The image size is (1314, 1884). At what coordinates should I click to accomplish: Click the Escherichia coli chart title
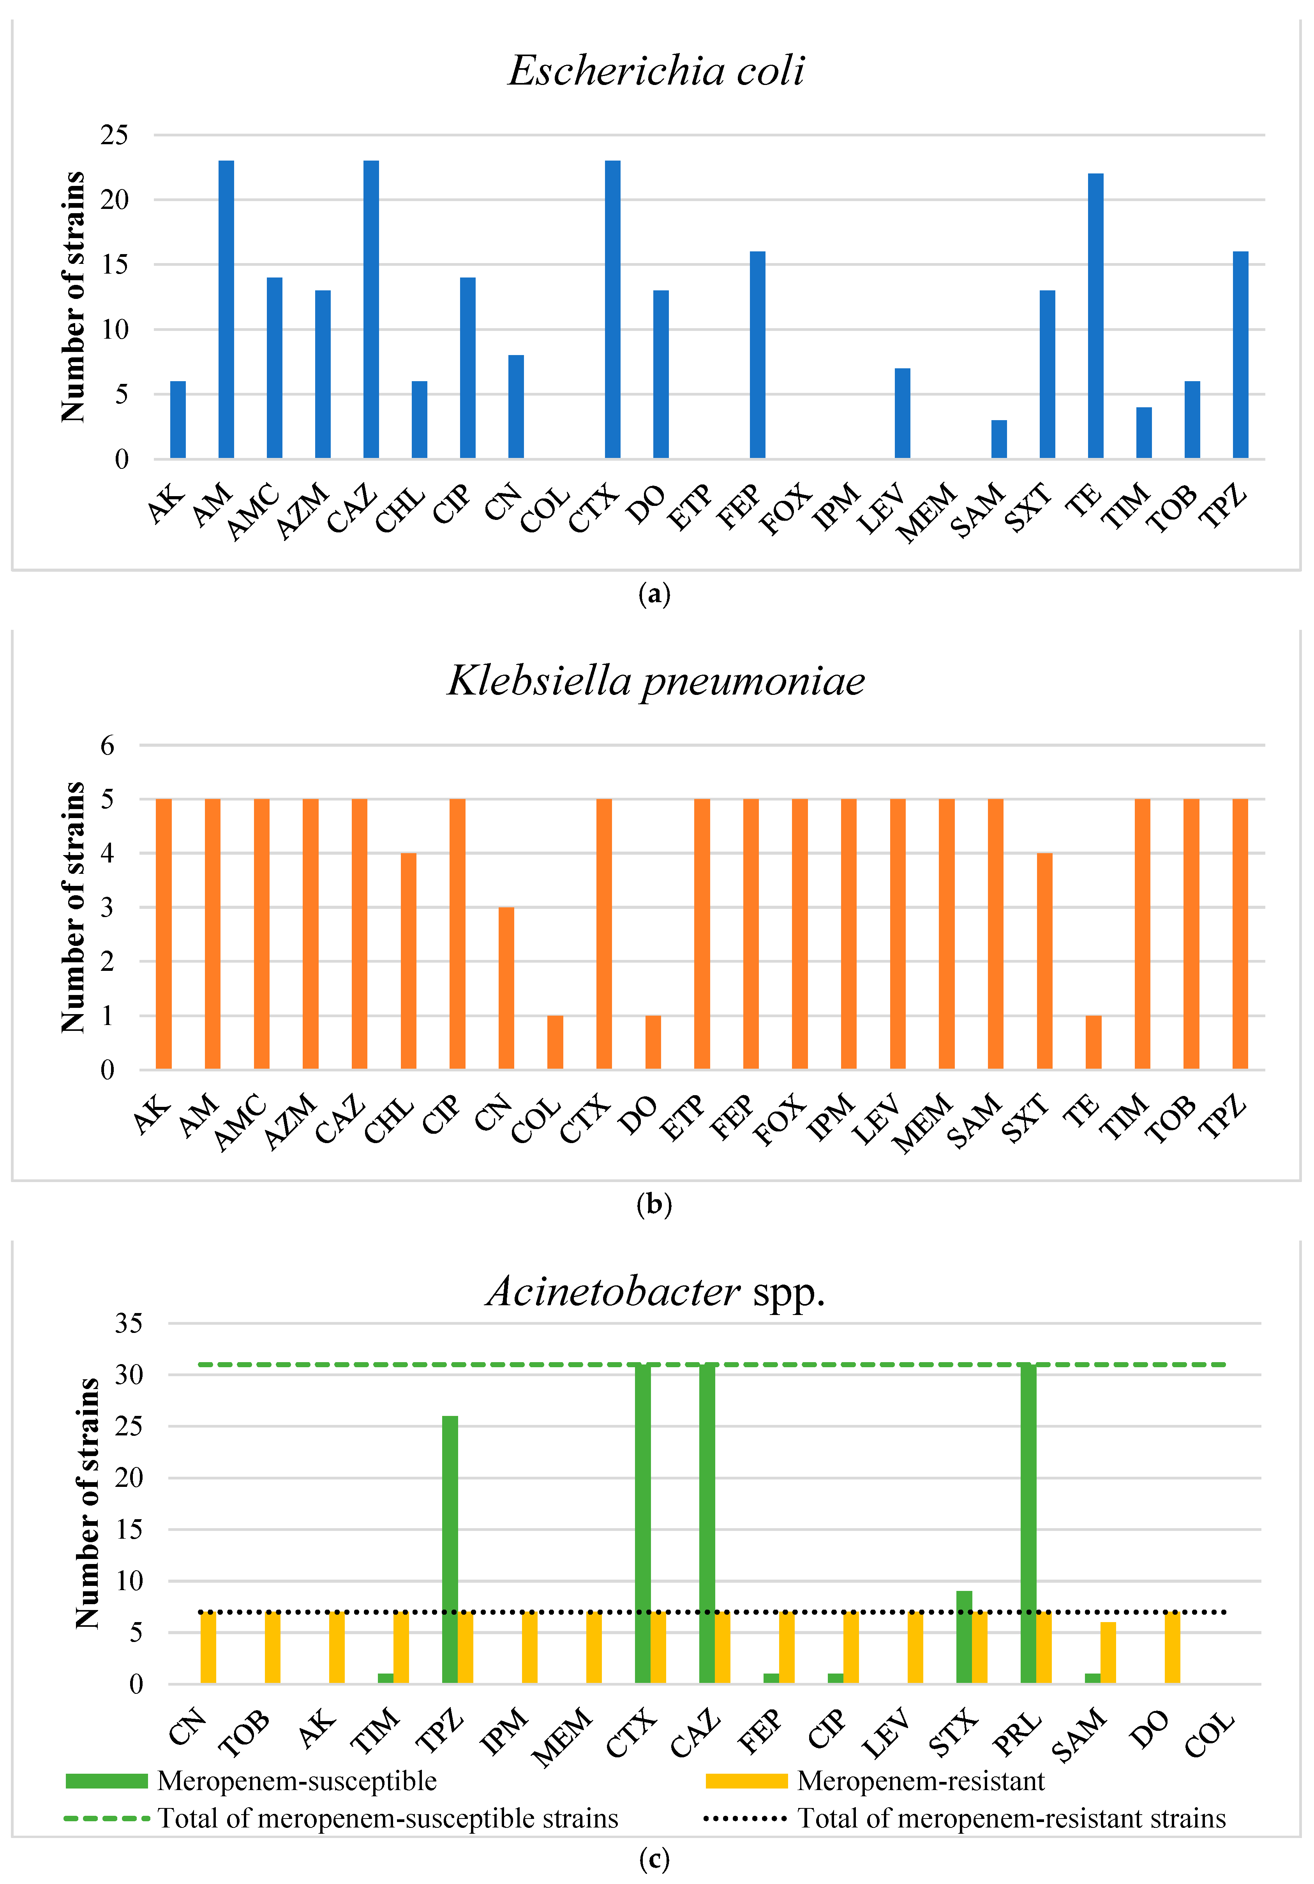[x=656, y=71]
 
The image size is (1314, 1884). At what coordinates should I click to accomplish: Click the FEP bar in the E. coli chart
[x=757, y=355]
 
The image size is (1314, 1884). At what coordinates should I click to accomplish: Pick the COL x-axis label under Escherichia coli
[x=545, y=511]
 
